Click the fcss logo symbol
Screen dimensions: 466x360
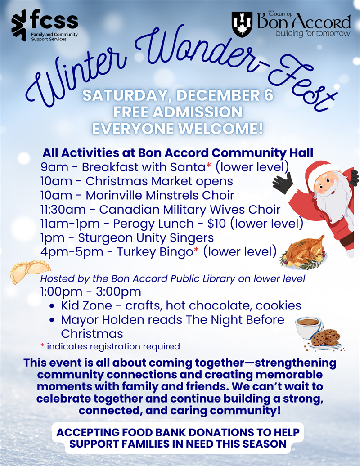19,25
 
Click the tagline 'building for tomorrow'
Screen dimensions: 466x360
313,34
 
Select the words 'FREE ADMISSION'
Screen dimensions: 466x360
178,112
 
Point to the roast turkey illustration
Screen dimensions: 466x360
304,252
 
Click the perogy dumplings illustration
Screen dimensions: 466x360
30,271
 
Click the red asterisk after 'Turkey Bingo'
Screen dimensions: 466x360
196,251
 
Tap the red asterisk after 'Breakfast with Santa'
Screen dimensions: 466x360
209,166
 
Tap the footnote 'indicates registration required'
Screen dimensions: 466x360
113,346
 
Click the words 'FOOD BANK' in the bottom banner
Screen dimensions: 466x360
154,433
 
